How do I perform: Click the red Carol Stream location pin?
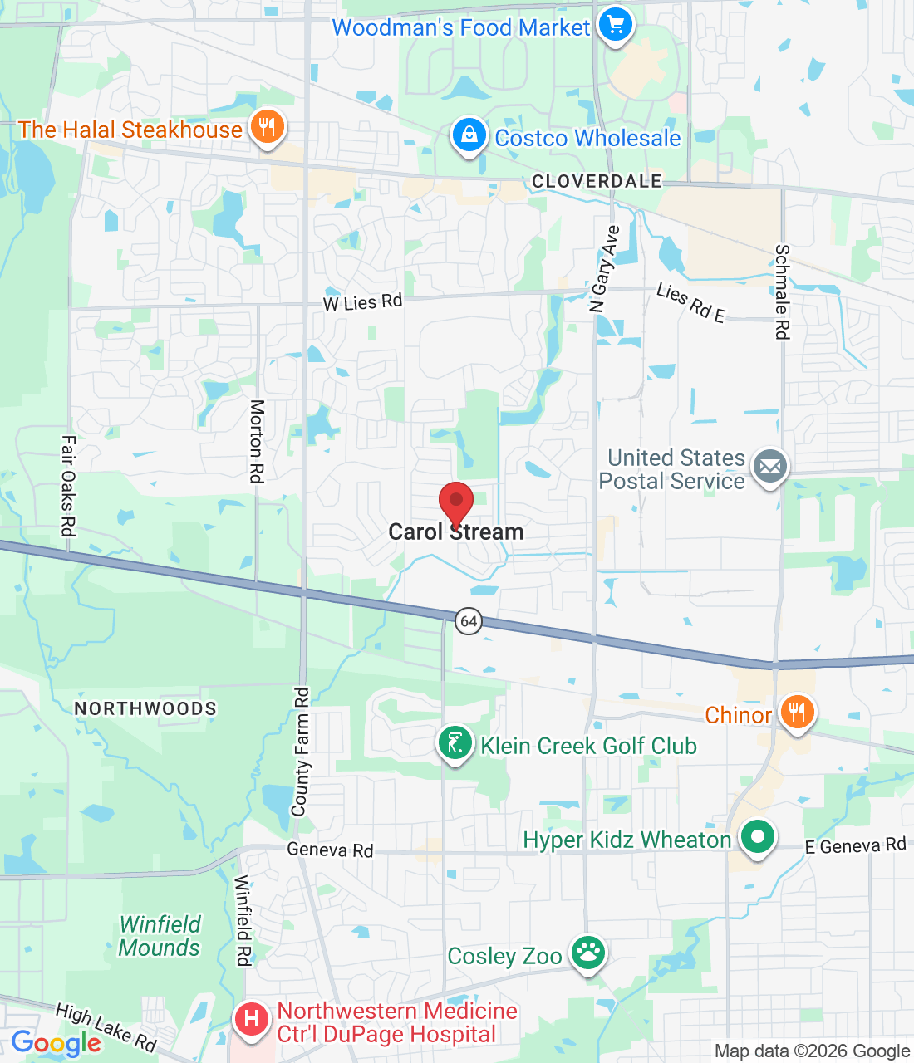pyautogui.click(x=455, y=502)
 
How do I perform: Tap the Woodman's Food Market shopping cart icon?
pyautogui.click(x=615, y=25)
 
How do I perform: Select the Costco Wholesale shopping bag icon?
pyautogui.click(x=469, y=135)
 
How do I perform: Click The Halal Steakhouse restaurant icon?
pyautogui.click(x=266, y=128)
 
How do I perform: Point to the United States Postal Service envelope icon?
pyautogui.click(x=770, y=467)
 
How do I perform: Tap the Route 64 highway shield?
pyautogui.click(x=469, y=620)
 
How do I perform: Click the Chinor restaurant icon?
pyautogui.click(x=797, y=713)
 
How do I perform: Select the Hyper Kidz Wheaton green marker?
pyautogui.click(x=757, y=837)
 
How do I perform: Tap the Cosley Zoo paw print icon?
pyautogui.click(x=588, y=953)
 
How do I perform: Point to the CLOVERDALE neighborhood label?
pyautogui.click(x=597, y=181)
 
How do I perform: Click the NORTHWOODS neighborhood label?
pyautogui.click(x=145, y=708)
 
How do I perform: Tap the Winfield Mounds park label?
pyautogui.click(x=160, y=936)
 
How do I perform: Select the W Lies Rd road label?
pyautogui.click(x=362, y=302)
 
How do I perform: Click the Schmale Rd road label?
pyautogui.click(x=782, y=291)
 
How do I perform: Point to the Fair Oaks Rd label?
pyautogui.click(x=68, y=485)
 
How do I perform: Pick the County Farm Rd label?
pyautogui.click(x=300, y=751)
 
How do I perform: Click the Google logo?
pyautogui.click(x=56, y=1043)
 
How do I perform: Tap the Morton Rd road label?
pyautogui.click(x=257, y=441)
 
